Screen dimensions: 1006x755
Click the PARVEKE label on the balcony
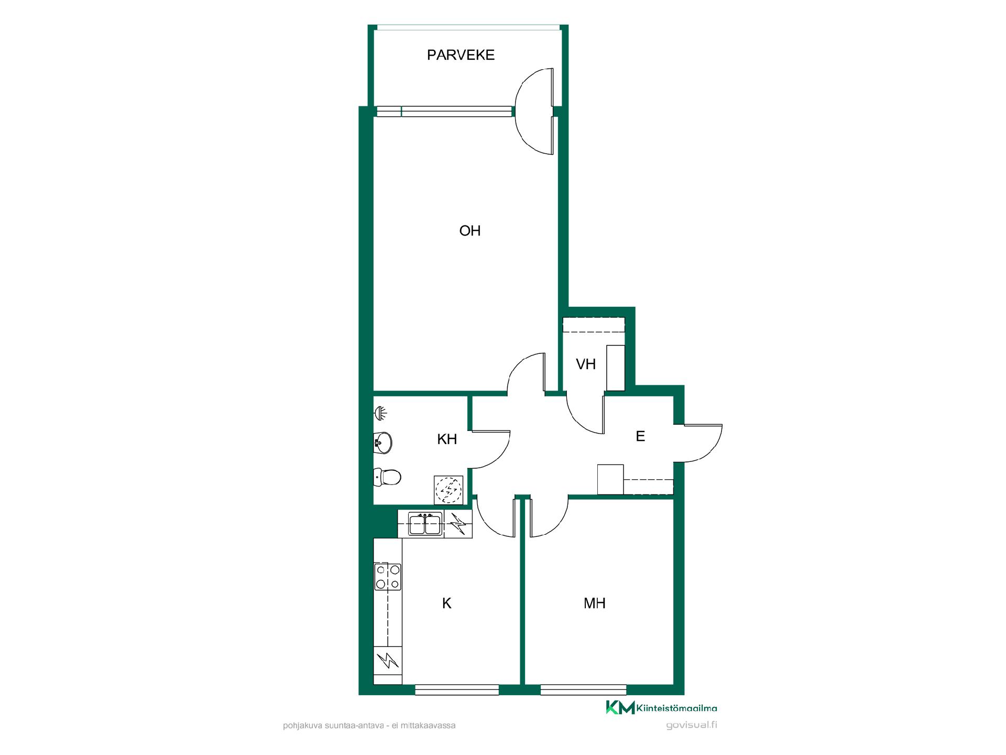tap(461, 55)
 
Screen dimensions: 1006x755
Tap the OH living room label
tap(470, 231)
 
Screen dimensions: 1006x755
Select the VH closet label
tap(586, 364)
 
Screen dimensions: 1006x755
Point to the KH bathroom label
tap(447, 439)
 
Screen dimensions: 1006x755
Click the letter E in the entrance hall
tap(640, 436)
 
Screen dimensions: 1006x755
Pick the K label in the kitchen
tap(447, 603)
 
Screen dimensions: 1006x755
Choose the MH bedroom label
tap(595, 603)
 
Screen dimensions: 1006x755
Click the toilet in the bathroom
tap(387, 477)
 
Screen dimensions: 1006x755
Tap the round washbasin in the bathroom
tap(382, 443)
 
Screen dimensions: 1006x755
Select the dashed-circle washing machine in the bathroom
tap(449, 490)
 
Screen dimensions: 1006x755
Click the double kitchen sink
tap(424, 524)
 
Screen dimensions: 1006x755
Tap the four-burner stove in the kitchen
tap(388, 577)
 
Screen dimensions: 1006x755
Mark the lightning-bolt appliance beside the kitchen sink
tap(458, 524)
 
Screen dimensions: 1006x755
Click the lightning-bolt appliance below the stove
tap(388, 661)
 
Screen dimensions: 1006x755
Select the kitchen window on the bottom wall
tap(457, 690)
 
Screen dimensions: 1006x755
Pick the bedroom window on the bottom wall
tap(584, 690)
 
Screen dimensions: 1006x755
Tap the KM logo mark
tap(620, 707)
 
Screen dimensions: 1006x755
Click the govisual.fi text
tap(692, 726)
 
